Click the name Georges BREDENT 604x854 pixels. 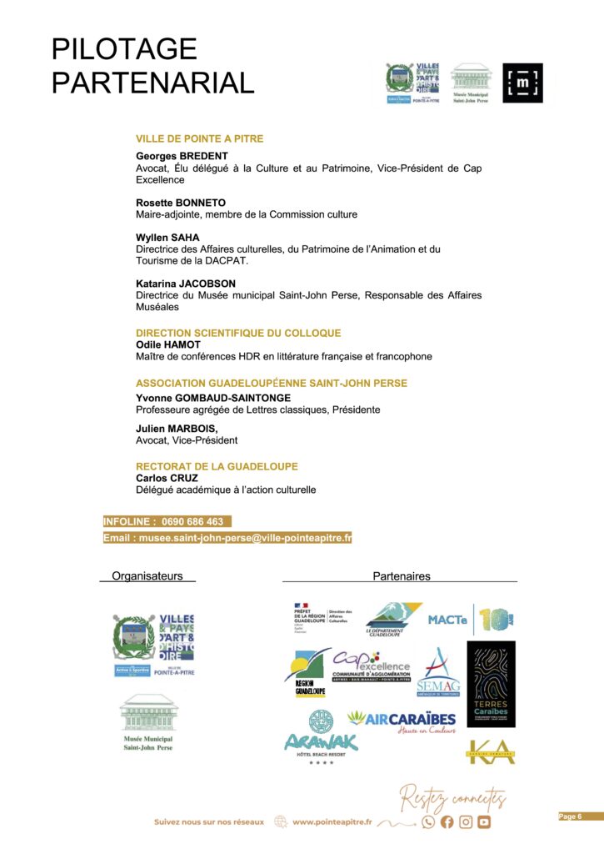[x=182, y=156]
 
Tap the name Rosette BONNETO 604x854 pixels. [x=181, y=203]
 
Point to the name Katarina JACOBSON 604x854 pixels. [x=186, y=284]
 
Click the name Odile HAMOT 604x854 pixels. [x=168, y=344]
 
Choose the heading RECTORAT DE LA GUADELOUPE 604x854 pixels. [x=217, y=466]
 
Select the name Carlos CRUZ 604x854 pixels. [x=167, y=478]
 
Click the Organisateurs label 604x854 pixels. [x=147, y=575]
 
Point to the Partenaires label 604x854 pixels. [x=401, y=575]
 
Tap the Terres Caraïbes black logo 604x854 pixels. [x=491, y=684]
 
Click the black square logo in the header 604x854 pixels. [x=522, y=83]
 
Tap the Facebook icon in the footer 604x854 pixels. [x=447, y=821]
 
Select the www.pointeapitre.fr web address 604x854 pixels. [x=332, y=821]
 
